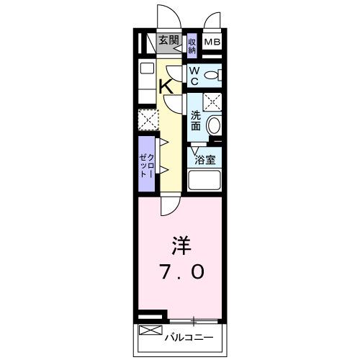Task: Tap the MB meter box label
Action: (212, 42)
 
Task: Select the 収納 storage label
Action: (192, 47)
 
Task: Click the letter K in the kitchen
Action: (166, 86)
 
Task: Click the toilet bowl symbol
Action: (212, 74)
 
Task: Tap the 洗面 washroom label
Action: (195, 120)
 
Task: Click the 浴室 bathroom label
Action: (204, 160)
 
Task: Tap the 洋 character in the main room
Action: (180, 246)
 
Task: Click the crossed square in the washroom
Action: (212, 101)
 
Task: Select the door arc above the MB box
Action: (215, 22)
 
